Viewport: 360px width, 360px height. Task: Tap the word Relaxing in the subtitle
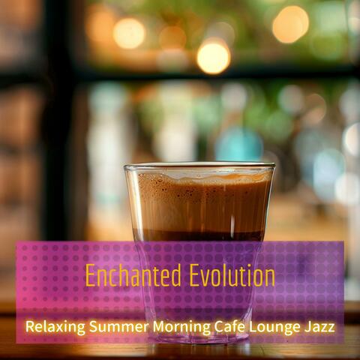coord(52,327)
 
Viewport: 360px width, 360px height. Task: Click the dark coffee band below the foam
coord(199,235)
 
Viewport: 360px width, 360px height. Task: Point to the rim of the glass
coord(199,165)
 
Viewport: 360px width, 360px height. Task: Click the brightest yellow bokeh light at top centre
coord(213,56)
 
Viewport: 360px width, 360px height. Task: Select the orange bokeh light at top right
coord(290,24)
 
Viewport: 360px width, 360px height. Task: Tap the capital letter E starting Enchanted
coord(90,276)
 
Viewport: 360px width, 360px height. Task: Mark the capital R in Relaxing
coord(30,327)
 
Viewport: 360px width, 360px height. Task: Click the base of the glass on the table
coord(199,339)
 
